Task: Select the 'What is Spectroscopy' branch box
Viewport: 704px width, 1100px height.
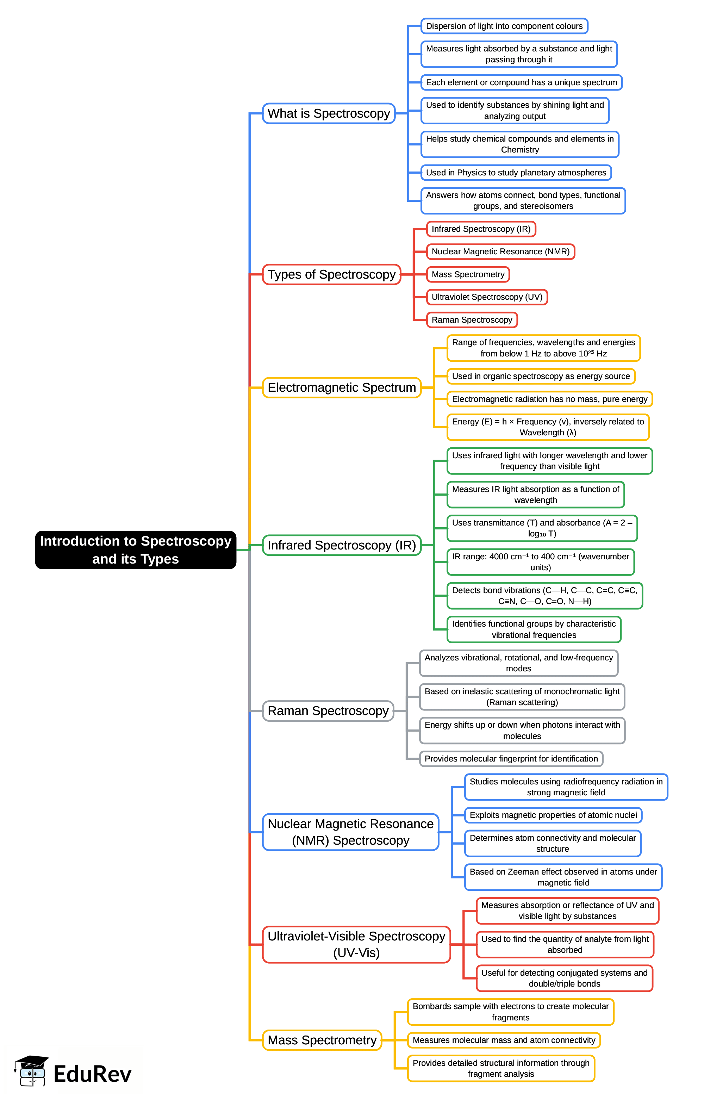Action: [328, 113]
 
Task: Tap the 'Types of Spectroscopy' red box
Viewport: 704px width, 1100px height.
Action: [331, 274]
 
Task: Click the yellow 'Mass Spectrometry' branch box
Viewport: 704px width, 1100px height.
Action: [322, 1040]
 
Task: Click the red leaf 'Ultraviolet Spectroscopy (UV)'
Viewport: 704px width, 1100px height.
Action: [486, 297]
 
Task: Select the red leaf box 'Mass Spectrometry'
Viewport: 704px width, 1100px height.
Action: [468, 274]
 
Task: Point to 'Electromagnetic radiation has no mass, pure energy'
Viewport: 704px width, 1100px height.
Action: [549, 399]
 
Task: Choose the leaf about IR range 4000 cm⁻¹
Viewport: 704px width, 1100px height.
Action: [540, 562]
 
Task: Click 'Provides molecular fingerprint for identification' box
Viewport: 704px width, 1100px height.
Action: [511, 759]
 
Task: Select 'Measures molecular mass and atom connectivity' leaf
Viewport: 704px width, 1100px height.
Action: [504, 1040]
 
